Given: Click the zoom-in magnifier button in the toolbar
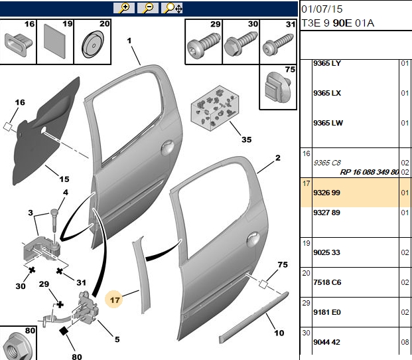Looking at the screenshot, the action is [x=124, y=8].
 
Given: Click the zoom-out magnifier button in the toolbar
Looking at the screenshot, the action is [x=148, y=8].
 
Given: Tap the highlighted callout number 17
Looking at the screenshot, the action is [x=115, y=300].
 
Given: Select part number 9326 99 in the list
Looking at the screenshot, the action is [x=326, y=193].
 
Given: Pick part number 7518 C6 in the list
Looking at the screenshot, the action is [x=327, y=282].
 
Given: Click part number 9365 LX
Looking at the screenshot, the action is [x=327, y=94].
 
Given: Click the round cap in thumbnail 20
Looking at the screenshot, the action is [x=92, y=44].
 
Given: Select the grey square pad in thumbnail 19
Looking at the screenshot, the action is [x=54, y=41].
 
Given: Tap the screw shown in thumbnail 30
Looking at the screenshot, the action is [x=240, y=43].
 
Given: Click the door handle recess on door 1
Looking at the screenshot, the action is [x=167, y=148].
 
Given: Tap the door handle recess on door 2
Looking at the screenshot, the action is [x=253, y=239].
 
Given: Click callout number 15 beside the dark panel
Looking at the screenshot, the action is [x=64, y=179].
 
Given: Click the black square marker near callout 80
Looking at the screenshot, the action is [x=64, y=331].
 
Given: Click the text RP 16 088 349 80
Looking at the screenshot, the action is [x=370, y=172].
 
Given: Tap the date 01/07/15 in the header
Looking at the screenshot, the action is [x=322, y=9].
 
